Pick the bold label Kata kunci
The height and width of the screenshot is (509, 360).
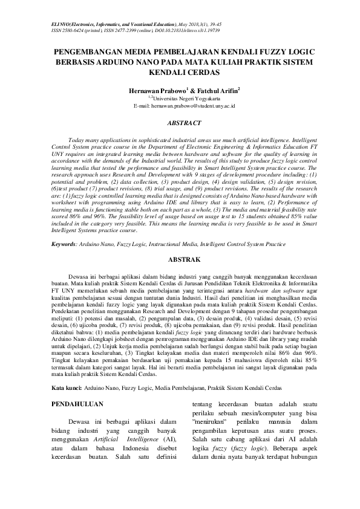[67, 386]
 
